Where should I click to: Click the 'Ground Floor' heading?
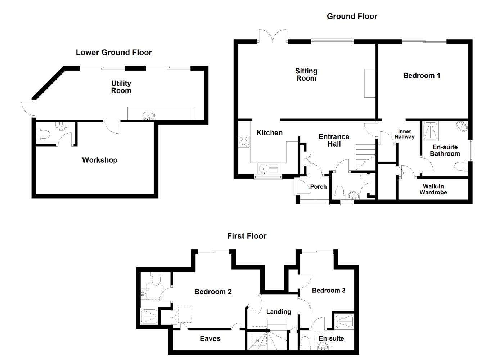[352, 16]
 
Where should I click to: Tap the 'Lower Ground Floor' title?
[114, 53]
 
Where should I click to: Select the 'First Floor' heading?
[247, 236]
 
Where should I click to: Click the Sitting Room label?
[306, 75]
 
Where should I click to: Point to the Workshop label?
[100, 160]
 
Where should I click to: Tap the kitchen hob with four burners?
[244, 141]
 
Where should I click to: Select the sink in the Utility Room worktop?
[149, 116]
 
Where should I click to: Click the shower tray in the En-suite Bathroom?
[431, 131]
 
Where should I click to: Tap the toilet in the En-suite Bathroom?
[461, 166]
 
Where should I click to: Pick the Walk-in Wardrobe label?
[433, 189]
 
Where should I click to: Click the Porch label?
[318, 187]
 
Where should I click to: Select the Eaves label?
[210, 338]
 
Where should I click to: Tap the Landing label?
[278, 312]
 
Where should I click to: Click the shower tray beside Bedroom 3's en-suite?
[344, 321]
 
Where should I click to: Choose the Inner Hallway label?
[405, 134]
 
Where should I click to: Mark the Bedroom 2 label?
[213, 292]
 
